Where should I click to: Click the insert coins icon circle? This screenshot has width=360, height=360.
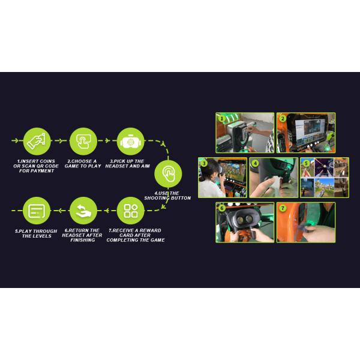(x=37, y=141)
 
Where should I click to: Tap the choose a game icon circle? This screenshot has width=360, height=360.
(x=83, y=141)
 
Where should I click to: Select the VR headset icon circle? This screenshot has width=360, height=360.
(x=130, y=141)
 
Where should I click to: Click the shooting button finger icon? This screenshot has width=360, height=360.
(x=168, y=174)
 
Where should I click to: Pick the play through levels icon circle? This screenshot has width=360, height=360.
(x=37, y=211)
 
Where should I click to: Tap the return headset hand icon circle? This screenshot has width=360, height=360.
(x=83, y=211)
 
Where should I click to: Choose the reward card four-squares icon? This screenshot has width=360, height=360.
(x=130, y=211)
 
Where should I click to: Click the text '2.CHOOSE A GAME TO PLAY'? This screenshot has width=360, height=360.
(x=83, y=164)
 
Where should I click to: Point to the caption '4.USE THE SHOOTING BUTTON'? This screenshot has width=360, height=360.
(x=167, y=196)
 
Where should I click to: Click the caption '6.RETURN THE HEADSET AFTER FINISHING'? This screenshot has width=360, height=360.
(x=82, y=235)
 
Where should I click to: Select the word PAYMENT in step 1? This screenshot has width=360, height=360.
(x=43, y=171)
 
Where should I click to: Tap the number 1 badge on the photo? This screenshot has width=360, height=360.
(x=221, y=118)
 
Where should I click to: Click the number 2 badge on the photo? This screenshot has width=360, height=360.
(x=283, y=118)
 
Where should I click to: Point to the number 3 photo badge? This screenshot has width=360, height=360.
(x=204, y=163)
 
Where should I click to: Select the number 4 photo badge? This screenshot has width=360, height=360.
(x=255, y=163)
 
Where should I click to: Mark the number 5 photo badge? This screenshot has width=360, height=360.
(x=306, y=163)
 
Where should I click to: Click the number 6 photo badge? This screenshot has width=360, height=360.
(x=221, y=208)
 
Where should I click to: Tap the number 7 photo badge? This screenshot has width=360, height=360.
(x=283, y=208)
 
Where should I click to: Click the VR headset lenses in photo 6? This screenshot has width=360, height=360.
(x=244, y=220)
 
